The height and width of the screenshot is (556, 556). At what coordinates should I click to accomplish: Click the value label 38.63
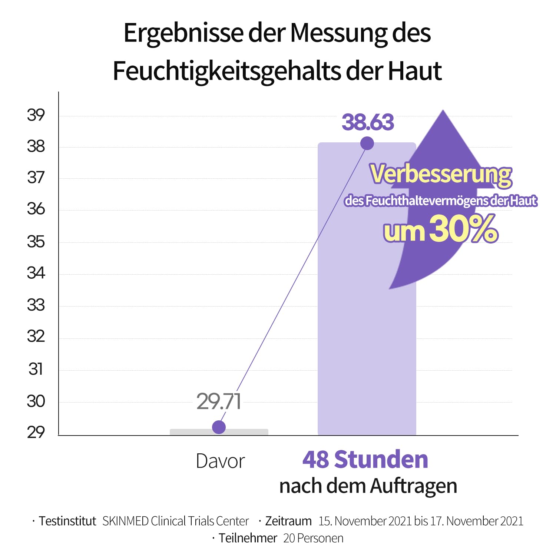point(368,122)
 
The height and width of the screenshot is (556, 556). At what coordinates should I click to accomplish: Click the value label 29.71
point(219,401)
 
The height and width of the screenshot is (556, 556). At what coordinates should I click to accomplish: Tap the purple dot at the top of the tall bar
point(367,143)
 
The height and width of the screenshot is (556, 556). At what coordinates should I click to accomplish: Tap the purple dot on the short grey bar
point(219,427)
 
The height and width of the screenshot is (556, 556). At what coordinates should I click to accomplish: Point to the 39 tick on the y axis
point(36,115)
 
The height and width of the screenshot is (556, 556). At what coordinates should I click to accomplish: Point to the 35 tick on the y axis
point(36,242)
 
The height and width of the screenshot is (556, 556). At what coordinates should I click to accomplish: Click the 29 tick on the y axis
point(36,433)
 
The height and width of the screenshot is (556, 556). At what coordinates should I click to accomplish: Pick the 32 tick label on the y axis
point(36,337)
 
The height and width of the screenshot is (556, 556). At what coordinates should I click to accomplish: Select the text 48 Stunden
point(365,460)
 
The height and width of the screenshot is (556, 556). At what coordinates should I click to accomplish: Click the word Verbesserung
point(441,174)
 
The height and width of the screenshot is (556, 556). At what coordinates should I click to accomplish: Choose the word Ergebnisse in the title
point(183,33)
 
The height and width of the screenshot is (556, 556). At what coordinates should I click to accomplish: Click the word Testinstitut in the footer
point(67,521)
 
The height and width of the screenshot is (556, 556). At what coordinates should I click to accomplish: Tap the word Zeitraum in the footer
point(288,521)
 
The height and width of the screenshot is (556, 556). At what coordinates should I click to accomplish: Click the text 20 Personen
point(313,538)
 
